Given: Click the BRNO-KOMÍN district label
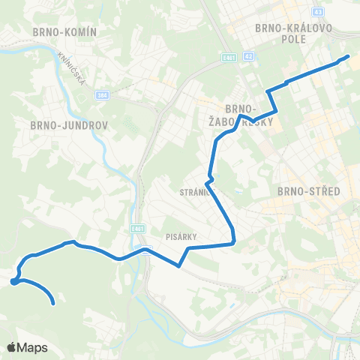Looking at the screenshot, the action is (x=63, y=31).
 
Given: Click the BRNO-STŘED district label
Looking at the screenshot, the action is (x=309, y=191).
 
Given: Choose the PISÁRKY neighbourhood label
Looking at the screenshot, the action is (x=181, y=236).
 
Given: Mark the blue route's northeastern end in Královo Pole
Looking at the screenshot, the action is (x=348, y=56).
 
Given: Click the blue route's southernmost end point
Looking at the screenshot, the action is (x=54, y=304).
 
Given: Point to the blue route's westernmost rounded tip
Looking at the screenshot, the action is (x=13, y=282).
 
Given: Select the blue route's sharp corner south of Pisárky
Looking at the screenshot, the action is (x=179, y=265).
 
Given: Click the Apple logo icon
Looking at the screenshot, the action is (x=12, y=347).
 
